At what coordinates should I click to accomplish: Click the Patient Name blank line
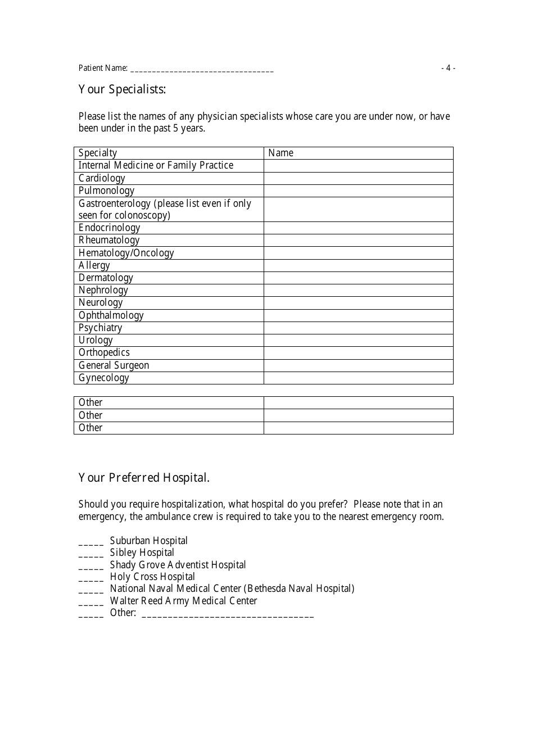[202, 70]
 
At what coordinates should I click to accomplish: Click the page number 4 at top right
[448, 68]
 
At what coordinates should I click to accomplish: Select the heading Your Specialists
[122, 89]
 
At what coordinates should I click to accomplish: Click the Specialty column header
[98, 153]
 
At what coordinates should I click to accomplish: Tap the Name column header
[280, 153]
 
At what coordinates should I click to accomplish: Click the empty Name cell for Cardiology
[358, 178]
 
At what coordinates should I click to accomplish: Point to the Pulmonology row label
[106, 191]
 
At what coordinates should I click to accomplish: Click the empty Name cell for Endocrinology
[358, 228]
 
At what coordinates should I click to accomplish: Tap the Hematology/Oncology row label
[126, 253]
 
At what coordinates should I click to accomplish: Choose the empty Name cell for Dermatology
[358, 278]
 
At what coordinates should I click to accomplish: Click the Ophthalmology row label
[111, 315]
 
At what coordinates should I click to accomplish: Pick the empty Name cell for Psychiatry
[358, 328]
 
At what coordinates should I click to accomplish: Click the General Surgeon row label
[114, 365]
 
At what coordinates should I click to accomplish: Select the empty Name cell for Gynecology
[358, 378]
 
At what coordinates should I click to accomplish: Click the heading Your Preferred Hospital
[144, 478]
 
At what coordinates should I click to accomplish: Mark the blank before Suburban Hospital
[91, 543]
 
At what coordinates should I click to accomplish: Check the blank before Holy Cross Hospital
[91, 579]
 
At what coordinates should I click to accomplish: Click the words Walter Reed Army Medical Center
[183, 601]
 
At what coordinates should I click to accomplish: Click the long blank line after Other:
[228, 615]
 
